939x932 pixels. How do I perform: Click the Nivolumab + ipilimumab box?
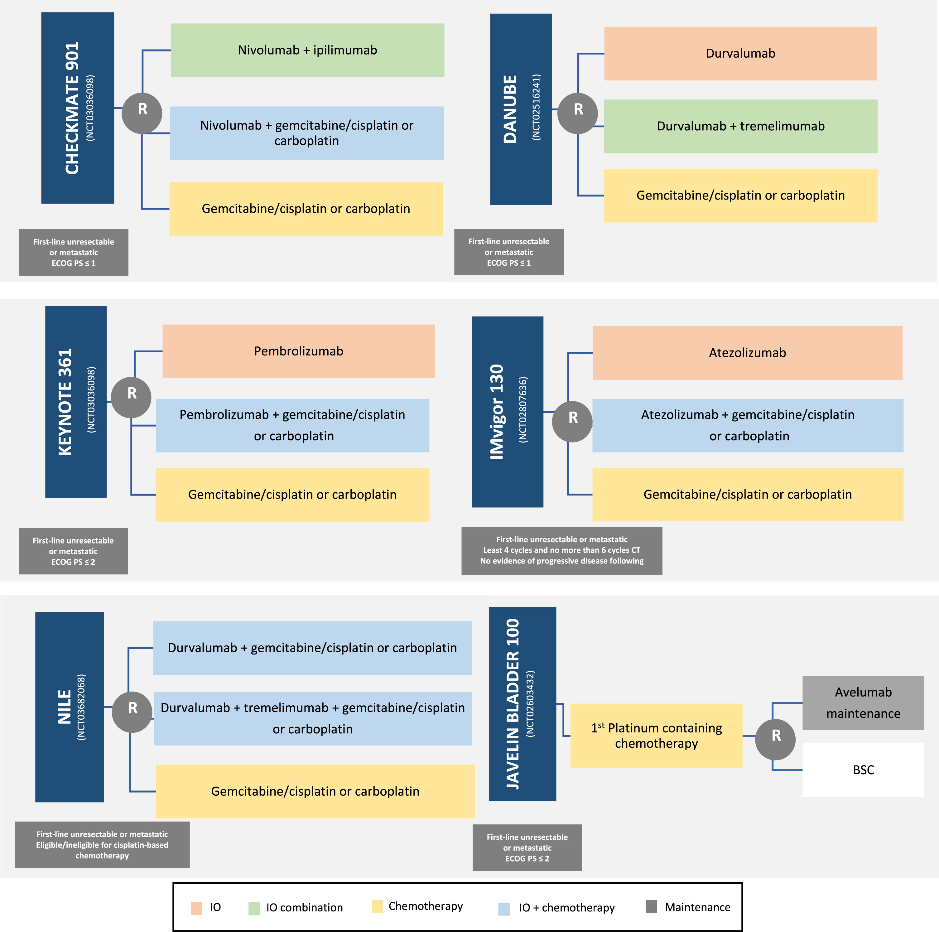[x=307, y=50]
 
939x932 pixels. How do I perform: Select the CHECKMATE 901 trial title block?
[x=78, y=108]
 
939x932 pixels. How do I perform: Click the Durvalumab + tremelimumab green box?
[x=741, y=126]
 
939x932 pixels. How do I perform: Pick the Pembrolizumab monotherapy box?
[x=298, y=351]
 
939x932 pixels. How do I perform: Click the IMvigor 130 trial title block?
[x=508, y=412]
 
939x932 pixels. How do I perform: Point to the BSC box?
[x=863, y=770]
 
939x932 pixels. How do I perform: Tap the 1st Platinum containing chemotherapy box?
[x=656, y=736]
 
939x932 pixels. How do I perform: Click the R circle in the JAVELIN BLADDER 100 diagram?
[x=775, y=740]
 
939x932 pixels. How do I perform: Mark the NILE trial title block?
[x=70, y=707]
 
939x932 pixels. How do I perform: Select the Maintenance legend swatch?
[x=651, y=906]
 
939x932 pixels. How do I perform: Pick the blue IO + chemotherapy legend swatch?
[x=504, y=909]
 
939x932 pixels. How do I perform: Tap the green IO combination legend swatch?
[x=254, y=909]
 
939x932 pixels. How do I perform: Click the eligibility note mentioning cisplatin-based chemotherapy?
[x=102, y=844]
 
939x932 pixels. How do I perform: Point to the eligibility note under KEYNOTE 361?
[x=73, y=551]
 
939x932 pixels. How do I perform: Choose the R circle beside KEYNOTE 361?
[x=131, y=397]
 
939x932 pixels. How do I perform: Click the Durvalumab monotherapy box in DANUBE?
[x=740, y=54]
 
